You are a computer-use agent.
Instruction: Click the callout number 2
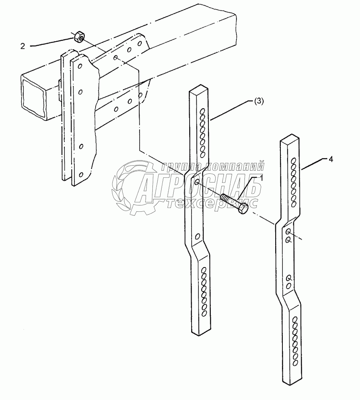pos(22,46)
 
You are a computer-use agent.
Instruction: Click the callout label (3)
pos(259,101)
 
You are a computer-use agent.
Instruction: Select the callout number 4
pos(330,159)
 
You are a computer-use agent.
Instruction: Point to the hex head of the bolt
pos(243,208)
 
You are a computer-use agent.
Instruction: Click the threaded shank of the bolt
pos(228,199)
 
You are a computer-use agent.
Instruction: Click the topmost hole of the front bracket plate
pos(80,65)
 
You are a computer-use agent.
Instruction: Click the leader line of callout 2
pos(52,42)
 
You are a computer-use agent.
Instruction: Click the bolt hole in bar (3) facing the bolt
pos(197,183)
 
